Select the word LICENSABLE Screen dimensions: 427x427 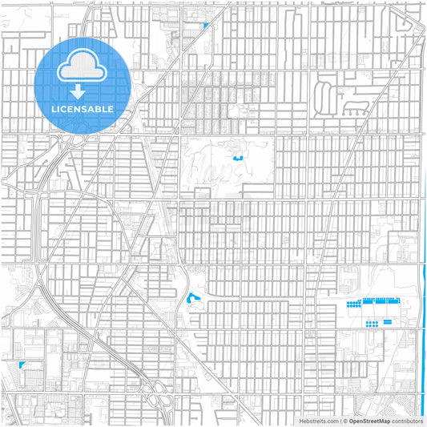[x=83, y=107]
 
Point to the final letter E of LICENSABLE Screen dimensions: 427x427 [x=111, y=107]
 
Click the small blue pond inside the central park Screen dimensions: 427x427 [x=237, y=158]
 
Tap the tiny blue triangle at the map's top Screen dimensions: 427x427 [x=206, y=26]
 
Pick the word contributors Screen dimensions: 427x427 [x=407, y=420]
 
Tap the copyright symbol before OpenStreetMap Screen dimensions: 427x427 [x=344, y=420]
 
